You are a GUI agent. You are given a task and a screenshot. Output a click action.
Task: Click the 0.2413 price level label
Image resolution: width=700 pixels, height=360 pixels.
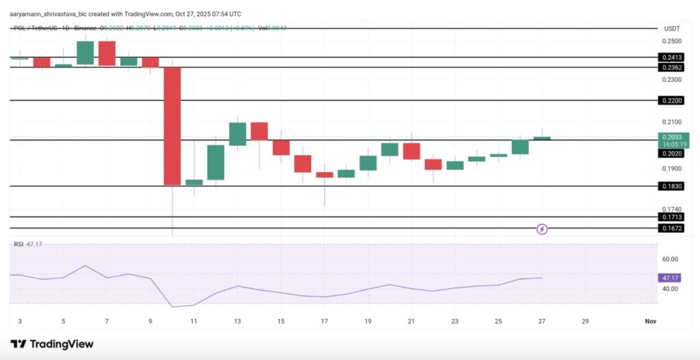pyautogui.click(x=670, y=58)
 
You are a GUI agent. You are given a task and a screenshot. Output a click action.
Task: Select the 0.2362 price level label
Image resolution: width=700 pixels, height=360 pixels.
pyautogui.click(x=670, y=68)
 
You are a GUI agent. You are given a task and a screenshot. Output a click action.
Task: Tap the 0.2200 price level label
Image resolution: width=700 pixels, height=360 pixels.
pyautogui.click(x=670, y=100)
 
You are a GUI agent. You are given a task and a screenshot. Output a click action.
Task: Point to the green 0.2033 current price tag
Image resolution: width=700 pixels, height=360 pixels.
pyautogui.click(x=674, y=141)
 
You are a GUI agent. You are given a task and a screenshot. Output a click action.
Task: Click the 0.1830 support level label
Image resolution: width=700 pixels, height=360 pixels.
pyautogui.click(x=670, y=186)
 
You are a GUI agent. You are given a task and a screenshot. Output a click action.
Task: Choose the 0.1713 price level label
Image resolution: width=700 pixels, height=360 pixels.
pyautogui.click(x=670, y=217)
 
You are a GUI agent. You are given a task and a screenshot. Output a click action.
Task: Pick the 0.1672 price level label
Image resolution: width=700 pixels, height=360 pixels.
pyautogui.click(x=670, y=228)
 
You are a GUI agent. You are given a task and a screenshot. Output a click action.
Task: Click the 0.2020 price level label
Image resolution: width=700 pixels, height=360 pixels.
pyautogui.click(x=670, y=154)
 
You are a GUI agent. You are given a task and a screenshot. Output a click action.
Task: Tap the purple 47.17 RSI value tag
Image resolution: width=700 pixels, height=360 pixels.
pyautogui.click(x=670, y=278)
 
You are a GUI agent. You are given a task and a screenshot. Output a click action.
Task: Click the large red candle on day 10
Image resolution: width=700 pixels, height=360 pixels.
pyautogui.click(x=172, y=126)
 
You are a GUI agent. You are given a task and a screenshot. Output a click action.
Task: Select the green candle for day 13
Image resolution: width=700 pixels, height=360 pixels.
pyautogui.click(x=238, y=134)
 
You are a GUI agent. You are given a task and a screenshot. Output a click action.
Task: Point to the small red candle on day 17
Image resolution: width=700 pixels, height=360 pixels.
pyautogui.click(x=325, y=175)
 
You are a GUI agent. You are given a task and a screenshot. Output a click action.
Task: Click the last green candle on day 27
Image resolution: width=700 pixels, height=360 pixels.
pyautogui.click(x=542, y=138)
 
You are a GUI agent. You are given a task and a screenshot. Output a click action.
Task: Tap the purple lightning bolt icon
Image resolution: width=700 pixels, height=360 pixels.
pyautogui.click(x=542, y=229)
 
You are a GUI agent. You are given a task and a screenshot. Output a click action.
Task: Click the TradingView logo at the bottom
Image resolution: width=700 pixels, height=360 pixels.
pyautogui.click(x=52, y=344)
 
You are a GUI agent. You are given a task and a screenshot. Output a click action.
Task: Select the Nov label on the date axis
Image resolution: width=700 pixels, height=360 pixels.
pyautogui.click(x=650, y=321)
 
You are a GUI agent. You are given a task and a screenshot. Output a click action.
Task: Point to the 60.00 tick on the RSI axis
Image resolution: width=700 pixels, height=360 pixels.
pyautogui.click(x=670, y=259)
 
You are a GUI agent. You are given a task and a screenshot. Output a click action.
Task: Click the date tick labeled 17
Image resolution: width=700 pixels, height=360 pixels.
pyautogui.click(x=325, y=321)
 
